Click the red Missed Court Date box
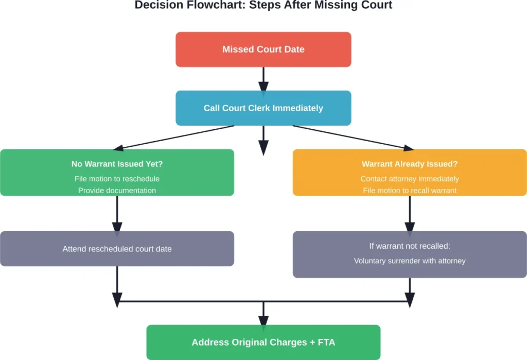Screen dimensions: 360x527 [x=263, y=49]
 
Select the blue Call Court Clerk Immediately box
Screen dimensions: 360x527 [x=263, y=108]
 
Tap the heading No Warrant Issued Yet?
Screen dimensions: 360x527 [x=117, y=164]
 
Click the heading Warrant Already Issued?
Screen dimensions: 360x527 [x=410, y=164]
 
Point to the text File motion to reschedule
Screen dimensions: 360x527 [x=117, y=179]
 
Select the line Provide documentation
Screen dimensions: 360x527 [x=117, y=191]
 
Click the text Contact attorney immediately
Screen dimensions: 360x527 [x=410, y=179]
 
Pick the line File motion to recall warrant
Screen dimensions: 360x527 [x=410, y=191]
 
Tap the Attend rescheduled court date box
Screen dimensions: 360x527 [x=117, y=249]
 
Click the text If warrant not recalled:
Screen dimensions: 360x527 [x=410, y=246]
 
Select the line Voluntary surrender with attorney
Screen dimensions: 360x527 [x=410, y=261]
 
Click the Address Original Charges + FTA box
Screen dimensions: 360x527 [x=263, y=342]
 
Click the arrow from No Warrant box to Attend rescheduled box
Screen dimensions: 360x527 [x=117, y=214]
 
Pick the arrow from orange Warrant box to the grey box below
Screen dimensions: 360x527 [x=410, y=214]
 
